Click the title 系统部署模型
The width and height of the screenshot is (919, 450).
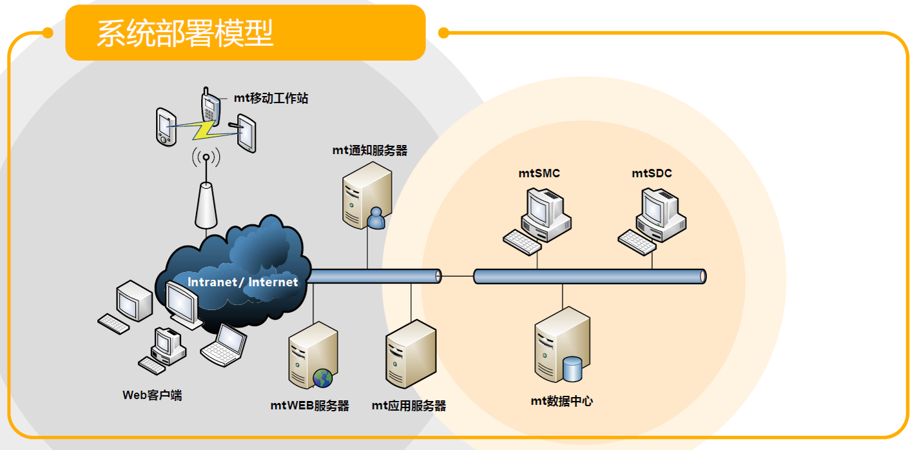186,34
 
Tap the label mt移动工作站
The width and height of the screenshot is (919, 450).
271,99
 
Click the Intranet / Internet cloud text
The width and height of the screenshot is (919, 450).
243,282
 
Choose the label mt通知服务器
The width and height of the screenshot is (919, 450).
370,150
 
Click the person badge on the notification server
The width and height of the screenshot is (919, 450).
375,219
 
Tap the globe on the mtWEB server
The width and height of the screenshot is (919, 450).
323,378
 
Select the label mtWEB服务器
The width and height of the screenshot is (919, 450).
309,406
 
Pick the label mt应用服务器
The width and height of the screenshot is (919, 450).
409,406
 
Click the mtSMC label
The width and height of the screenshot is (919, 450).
539,173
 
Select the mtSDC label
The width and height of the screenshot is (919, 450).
652,173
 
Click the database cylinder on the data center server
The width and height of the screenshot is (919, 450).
572,369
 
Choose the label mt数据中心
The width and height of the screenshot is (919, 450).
562,401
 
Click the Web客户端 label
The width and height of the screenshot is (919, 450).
152,395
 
